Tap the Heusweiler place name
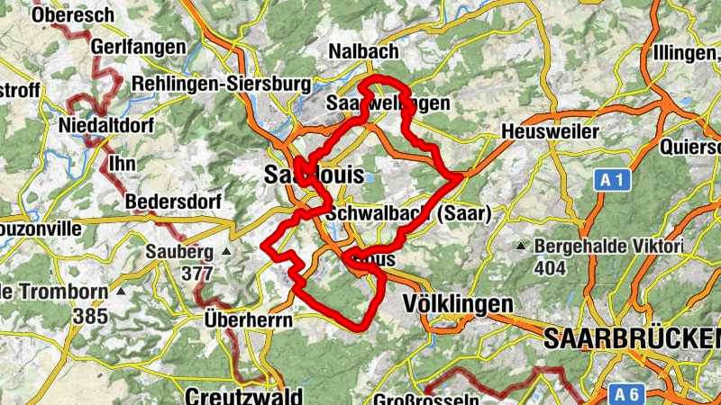(x=549, y=132)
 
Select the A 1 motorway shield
(x=613, y=181)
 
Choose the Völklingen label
(x=459, y=304)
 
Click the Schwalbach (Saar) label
(x=408, y=214)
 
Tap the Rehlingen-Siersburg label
(x=221, y=84)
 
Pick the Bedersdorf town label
(x=173, y=200)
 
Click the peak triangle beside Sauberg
(x=226, y=251)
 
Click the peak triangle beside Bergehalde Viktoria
(x=521, y=246)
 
